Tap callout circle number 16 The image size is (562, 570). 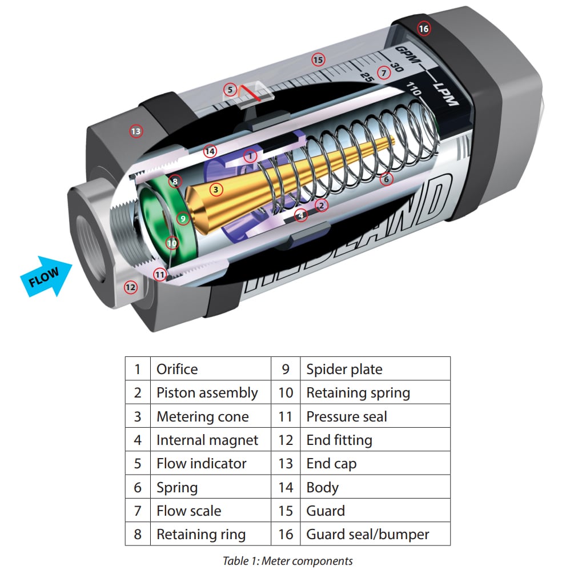(x=423, y=29)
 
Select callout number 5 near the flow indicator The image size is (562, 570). (x=230, y=90)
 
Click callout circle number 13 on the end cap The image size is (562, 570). (x=135, y=131)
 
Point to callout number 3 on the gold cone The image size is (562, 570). (x=215, y=188)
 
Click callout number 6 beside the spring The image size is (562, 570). (x=386, y=179)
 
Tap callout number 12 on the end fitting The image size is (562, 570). (x=131, y=287)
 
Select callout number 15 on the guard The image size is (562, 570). (x=318, y=59)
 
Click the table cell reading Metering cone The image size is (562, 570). (x=203, y=417)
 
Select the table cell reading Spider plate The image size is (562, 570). (x=344, y=369)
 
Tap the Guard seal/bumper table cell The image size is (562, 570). (x=368, y=535)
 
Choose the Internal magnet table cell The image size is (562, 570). (x=207, y=440)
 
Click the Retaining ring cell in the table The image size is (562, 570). (x=201, y=535)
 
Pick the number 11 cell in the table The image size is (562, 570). (x=286, y=417)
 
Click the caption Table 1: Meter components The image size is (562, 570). (x=288, y=560)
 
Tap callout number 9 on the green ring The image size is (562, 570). (x=183, y=218)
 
